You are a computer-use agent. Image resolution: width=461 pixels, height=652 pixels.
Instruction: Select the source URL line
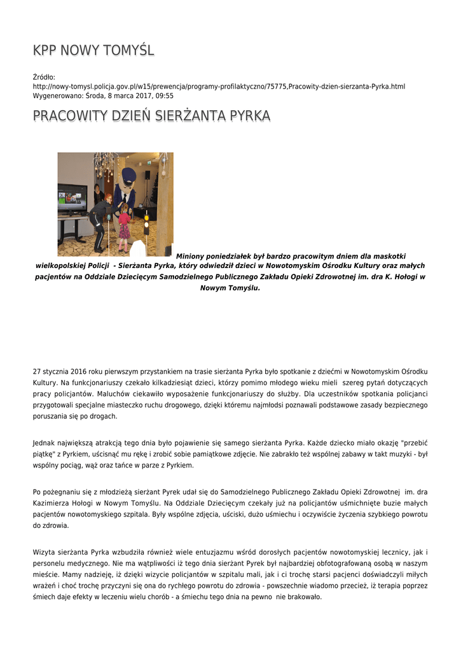[219, 86]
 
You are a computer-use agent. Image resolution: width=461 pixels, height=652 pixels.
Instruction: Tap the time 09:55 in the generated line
[164, 96]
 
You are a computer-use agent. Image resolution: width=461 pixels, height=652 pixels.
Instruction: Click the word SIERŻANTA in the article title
[186, 116]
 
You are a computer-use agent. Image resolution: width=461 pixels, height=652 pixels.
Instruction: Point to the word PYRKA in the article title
[250, 116]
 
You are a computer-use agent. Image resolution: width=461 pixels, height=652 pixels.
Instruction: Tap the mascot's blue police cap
[128, 174]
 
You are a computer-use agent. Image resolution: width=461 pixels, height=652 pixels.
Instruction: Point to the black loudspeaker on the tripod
[148, 174]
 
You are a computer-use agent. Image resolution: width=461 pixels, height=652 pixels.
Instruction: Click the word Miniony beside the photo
[194, 256]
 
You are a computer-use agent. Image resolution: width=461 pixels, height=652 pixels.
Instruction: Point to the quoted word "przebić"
[414, 443]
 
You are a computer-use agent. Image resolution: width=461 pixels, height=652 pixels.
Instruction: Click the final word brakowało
[306, 597]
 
